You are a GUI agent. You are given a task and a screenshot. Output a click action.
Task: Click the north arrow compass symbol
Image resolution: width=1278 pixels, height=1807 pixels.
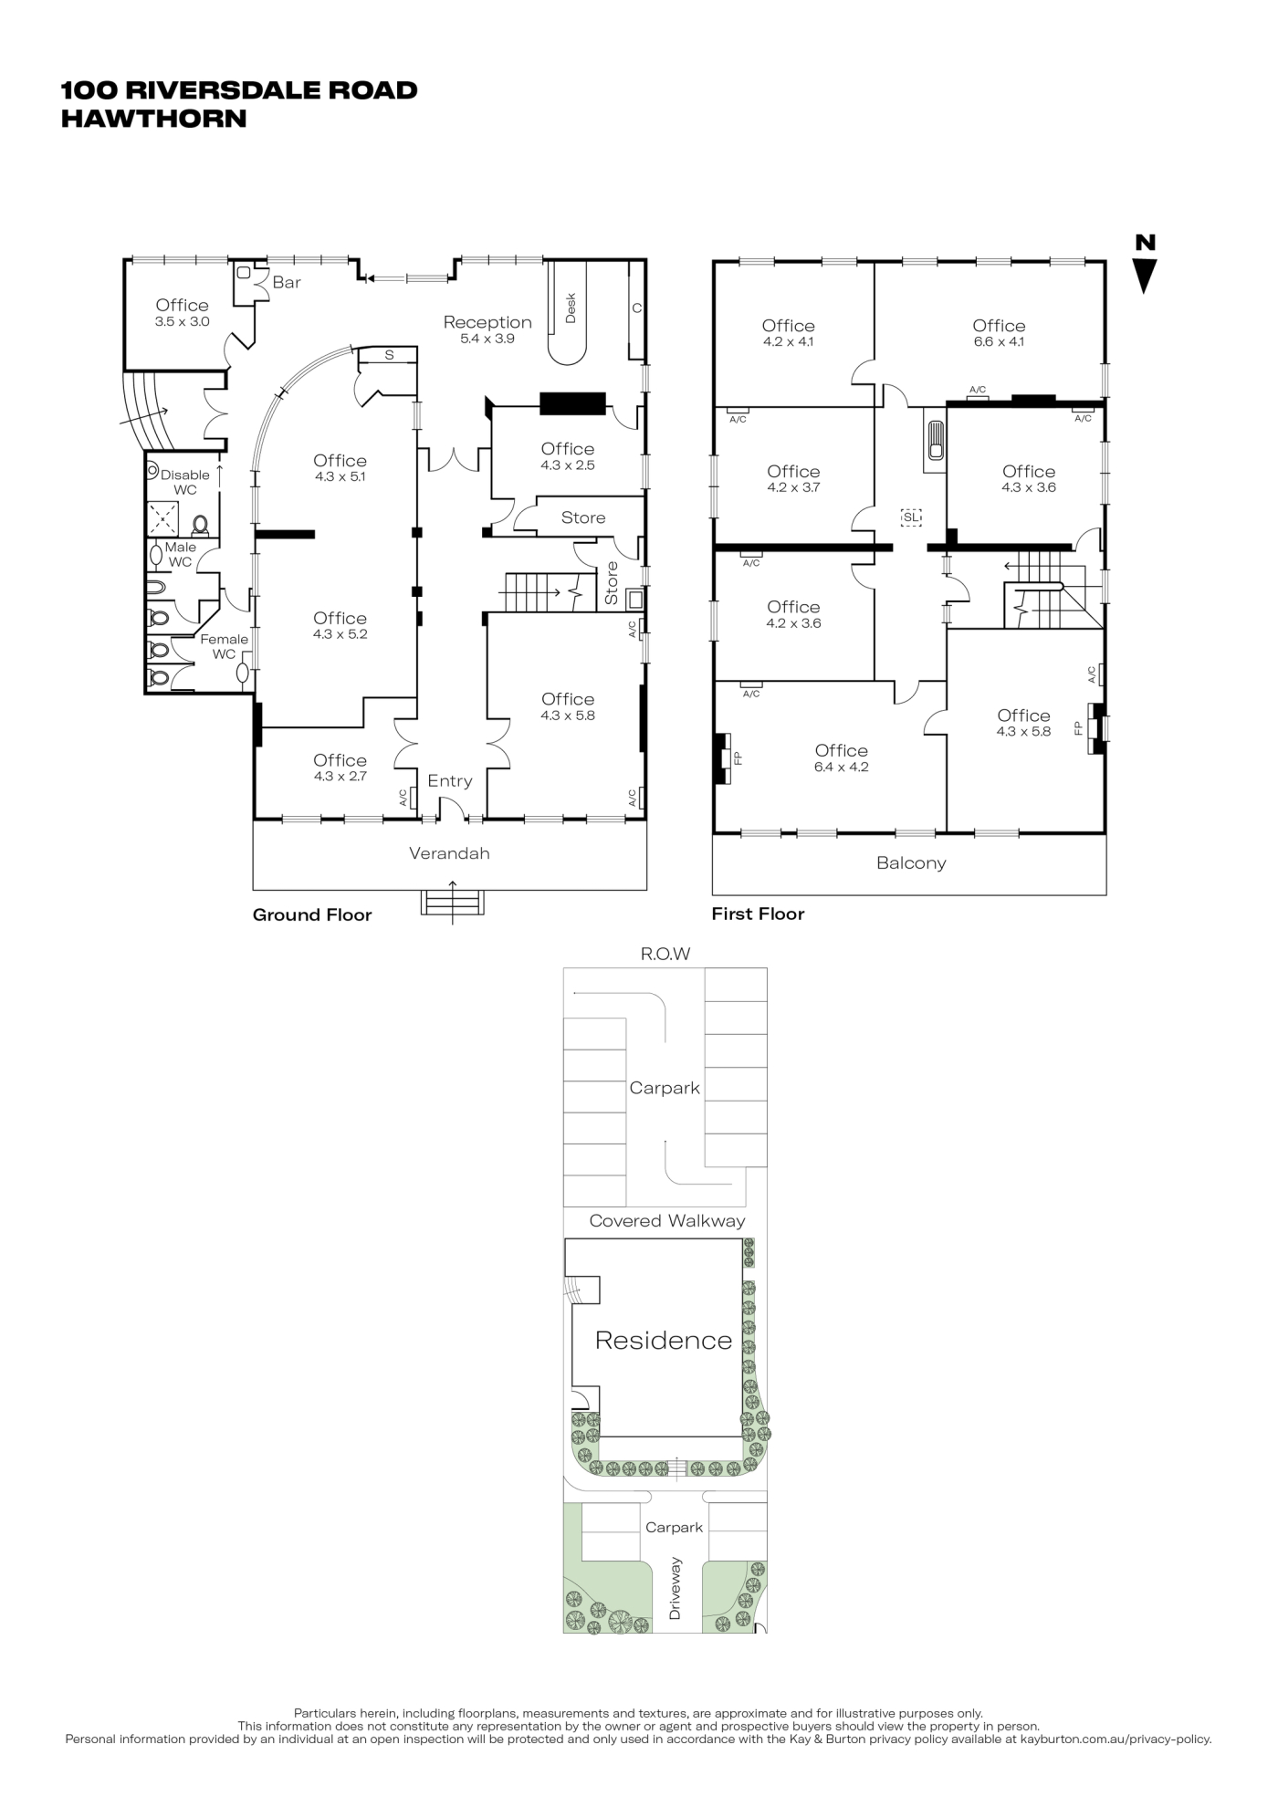1145,265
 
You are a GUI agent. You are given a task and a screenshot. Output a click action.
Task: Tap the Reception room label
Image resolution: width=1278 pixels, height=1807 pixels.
487,322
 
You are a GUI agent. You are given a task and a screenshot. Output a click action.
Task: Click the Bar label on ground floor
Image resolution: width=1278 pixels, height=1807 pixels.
287,283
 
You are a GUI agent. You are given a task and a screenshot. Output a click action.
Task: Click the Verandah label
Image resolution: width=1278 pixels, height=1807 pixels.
449,853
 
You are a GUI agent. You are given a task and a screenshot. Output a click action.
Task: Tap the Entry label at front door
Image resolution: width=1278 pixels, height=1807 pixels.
450,781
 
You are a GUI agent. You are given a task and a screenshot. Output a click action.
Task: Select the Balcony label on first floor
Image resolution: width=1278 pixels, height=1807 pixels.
911,863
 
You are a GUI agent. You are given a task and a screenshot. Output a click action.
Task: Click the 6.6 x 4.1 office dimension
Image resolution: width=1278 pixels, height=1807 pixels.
999,342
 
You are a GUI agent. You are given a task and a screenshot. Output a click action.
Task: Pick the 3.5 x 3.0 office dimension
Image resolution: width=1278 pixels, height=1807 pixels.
183,322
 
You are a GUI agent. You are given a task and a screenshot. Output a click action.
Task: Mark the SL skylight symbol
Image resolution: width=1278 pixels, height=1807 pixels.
911,517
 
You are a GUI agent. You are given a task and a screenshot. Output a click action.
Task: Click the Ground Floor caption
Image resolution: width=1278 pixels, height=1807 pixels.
312,915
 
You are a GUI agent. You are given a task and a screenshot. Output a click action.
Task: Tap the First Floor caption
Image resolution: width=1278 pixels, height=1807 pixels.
758,914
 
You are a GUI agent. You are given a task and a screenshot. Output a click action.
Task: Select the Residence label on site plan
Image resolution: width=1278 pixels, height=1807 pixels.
664,1341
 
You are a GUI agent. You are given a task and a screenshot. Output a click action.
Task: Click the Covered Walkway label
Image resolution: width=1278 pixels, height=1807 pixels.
667,1221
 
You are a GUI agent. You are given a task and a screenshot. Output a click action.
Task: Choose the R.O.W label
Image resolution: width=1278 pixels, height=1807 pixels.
665,955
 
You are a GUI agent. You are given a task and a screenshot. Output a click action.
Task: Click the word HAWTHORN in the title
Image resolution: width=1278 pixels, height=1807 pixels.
153,119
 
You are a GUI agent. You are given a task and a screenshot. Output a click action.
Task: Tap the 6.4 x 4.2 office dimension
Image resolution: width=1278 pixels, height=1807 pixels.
841,768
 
